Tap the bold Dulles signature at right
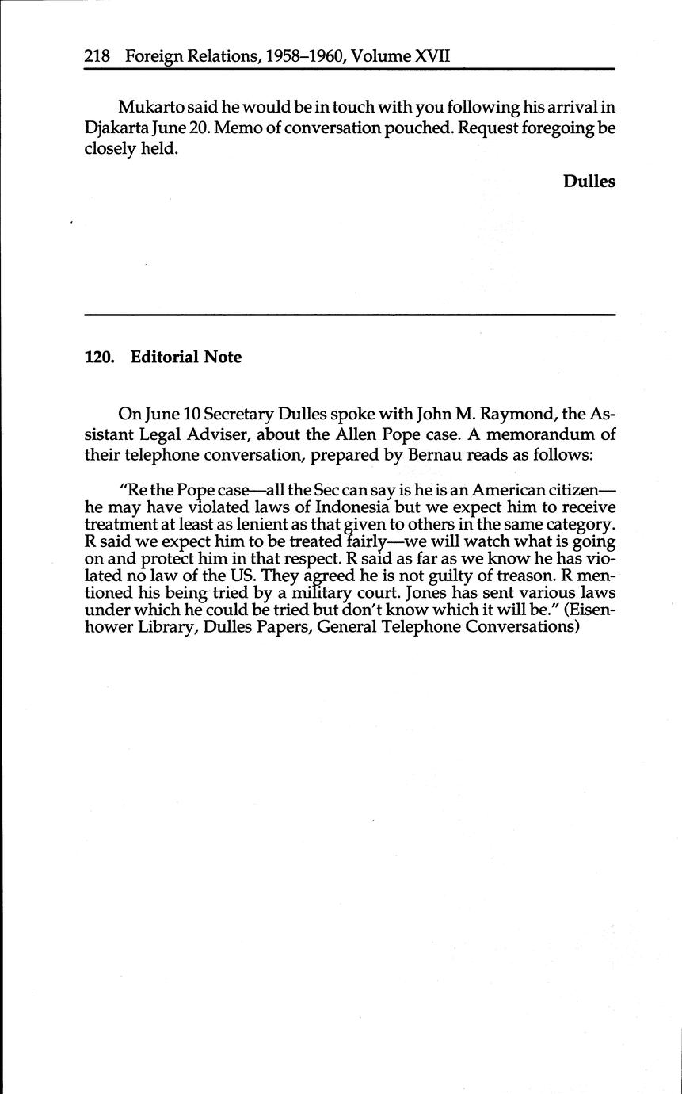tap(589, 181)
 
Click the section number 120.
tap(99, 358)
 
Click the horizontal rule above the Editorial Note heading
tap(349, 316)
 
